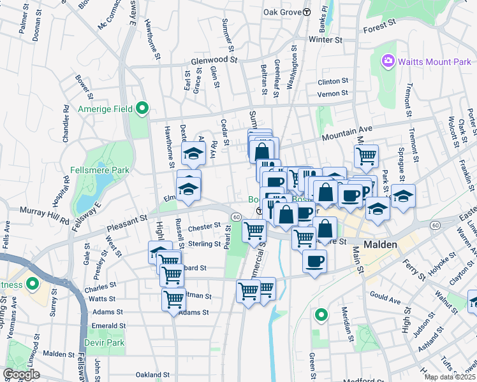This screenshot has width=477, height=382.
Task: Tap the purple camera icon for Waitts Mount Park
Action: [387, 62]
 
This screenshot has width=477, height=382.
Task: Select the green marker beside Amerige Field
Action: [142, 109]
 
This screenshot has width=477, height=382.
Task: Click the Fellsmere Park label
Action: [102, 170]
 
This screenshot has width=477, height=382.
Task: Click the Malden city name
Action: [381, 244]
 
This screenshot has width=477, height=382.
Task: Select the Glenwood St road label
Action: [214, 61]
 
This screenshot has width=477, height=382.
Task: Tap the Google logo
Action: [21, 374]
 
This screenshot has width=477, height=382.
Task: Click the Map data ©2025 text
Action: [449, 377]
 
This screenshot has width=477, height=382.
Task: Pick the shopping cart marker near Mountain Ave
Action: [367, 155]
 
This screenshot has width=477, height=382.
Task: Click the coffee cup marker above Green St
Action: [314, 260]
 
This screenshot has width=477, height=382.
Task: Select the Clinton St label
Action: [333, 81]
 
